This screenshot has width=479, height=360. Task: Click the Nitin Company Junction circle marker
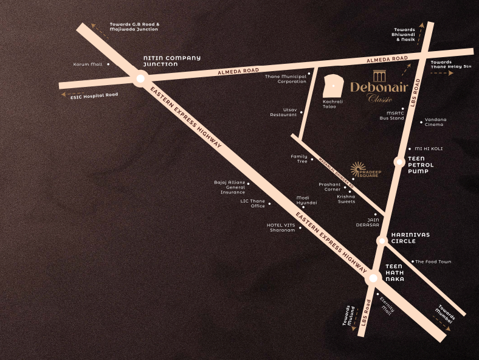pos(140,78)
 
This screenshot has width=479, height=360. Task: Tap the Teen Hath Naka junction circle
pos(373,279)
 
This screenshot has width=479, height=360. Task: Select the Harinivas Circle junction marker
pos(382,241)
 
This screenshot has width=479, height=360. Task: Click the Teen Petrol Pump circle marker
pos(399,162)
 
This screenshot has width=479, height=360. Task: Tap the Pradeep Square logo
pos(365,170)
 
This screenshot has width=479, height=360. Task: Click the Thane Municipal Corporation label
pos(286,78)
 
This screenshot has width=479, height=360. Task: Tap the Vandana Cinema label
pos(435,122)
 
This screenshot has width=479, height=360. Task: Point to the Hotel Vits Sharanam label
pos(281,227)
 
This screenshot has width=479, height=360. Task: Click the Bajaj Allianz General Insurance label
pos(229,187)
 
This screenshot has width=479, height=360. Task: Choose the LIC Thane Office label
pos(253,204)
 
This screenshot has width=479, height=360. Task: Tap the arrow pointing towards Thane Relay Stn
pos(442,73)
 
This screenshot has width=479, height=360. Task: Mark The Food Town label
pos(434,261)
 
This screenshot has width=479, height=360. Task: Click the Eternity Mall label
pos(387,304)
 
